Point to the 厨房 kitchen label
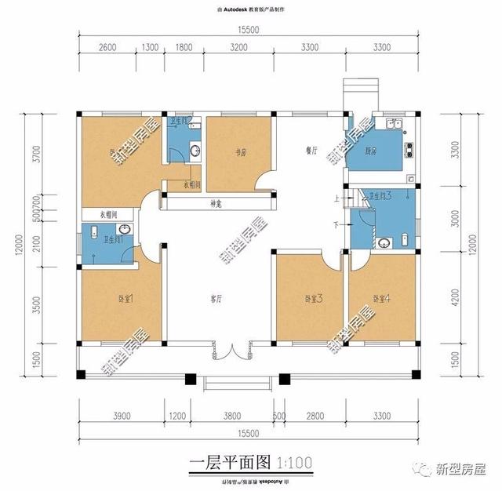click(372, 151)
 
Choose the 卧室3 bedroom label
click(315, 298)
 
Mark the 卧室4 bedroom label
click(382, 298)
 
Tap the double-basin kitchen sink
click(392, 125)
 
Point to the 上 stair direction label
click(337, 201)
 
